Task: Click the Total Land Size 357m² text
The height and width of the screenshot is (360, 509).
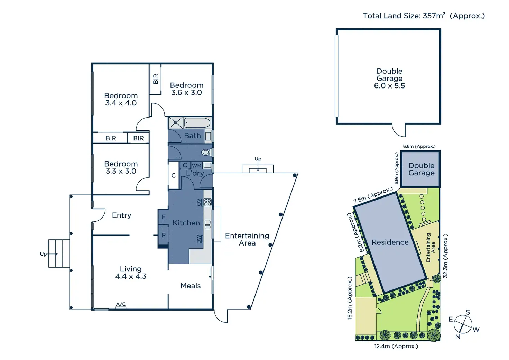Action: coord(424,16)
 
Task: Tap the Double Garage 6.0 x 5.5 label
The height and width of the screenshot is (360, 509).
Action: coord(389,79)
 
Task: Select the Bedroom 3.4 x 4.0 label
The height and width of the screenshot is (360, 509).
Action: coord(121,99)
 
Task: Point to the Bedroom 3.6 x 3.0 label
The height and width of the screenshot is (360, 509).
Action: coord(187,89)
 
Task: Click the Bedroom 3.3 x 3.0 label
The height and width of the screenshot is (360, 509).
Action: coord(121,167)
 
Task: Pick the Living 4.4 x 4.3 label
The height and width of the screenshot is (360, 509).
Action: coord(131,273)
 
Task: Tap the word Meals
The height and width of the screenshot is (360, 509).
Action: coord(191,286)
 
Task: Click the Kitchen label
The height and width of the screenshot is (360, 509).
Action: coord(186,223)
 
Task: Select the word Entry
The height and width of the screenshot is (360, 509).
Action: coord(122,215)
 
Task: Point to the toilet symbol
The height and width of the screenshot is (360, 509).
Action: coord(206,152)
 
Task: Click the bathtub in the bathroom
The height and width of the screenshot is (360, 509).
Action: coord(197,123)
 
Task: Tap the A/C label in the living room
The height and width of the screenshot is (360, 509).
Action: coord(121,305)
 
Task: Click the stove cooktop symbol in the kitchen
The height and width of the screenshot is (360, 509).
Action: coord(207,202)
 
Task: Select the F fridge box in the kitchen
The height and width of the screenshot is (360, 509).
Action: coord(164,217)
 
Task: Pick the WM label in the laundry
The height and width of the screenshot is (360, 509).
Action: coord(196,166)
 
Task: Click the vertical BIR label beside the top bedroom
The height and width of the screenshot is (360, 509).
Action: coord(156,79)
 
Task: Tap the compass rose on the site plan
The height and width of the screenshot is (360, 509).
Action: coord(463,324)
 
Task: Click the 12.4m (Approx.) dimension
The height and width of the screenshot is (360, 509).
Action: coord(396,346)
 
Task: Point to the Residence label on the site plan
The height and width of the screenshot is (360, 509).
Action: coord(390,242)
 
